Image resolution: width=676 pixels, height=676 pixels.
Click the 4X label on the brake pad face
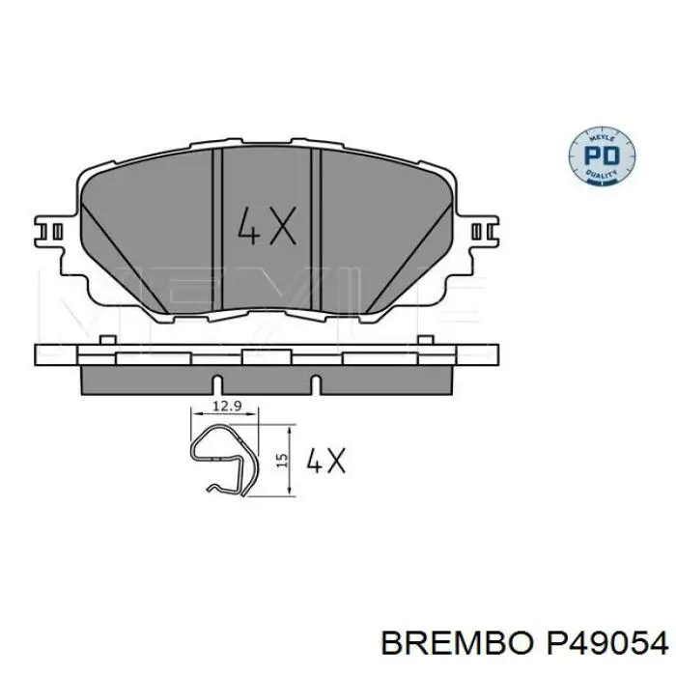point(265,226)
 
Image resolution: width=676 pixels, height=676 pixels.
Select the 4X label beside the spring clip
point(325,462)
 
